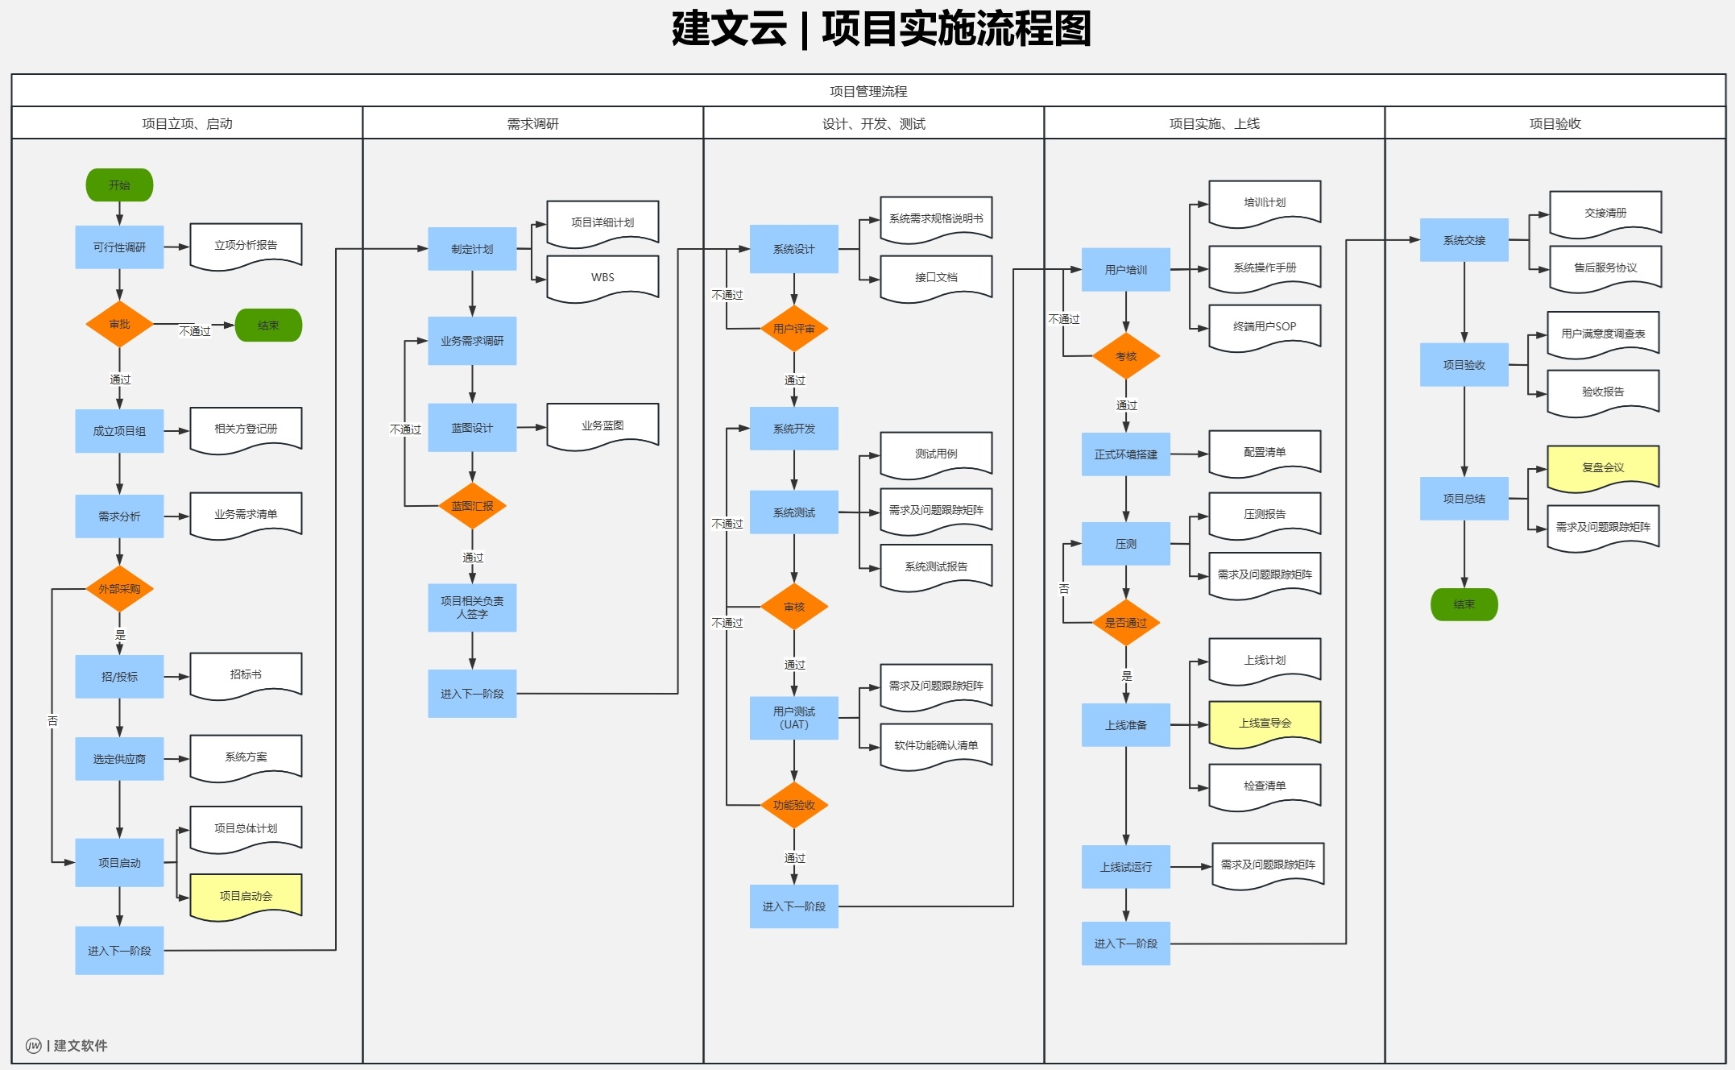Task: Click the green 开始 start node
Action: tap(119, 185)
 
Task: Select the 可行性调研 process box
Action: tap(119, 247)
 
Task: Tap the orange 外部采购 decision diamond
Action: tap(119, 589)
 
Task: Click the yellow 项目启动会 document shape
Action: tap(246, 895)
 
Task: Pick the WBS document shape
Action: tap(602, 277)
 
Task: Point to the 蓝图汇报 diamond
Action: tap(472, 506)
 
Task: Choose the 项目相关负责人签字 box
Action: tap(472, 608)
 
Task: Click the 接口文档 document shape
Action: tap(936, 277)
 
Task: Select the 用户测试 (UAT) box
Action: tap(793, 718)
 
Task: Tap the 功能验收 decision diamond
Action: tap(793, 805)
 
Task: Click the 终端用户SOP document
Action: tap(1265, 326)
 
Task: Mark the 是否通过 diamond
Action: tap(1125, 623)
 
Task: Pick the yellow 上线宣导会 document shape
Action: tap(1265, 723)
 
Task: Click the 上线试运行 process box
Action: tap(1125, 867)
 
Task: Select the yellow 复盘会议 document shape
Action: tap(1603, 467)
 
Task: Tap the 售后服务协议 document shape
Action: tap(1605, 267)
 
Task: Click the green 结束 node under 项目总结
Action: tap(1464, 604)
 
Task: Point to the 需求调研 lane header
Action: tap(532, 123)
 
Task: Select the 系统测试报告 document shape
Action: tap(936, 566)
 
